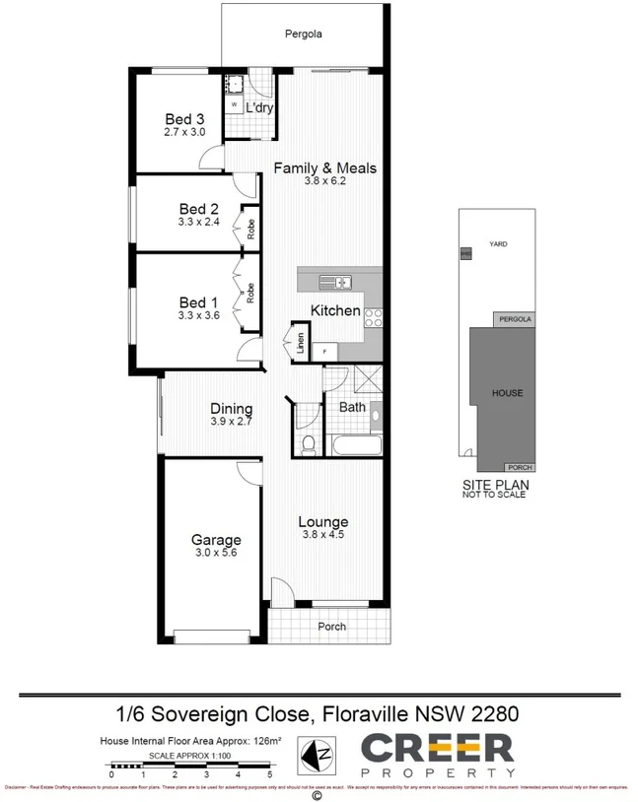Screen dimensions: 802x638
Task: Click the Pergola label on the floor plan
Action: click(x=304, y=34)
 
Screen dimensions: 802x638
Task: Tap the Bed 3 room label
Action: click(x=184, y=118)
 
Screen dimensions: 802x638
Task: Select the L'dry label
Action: click(x=259, y=107)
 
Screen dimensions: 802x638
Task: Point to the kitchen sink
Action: click(x=334, y=283)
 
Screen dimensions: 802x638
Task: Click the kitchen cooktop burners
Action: click(x=374, y=317)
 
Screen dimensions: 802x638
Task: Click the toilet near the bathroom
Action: click(x=308, y=444)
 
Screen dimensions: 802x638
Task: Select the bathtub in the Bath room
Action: click(x=353, y=445)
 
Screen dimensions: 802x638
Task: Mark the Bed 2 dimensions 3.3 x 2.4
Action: click(x=198, y=223)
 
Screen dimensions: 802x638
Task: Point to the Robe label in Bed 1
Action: click(x=251, y=293)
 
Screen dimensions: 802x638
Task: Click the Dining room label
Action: click(x=232, y=409)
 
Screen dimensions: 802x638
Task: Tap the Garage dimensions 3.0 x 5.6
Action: click(x=216, y=553)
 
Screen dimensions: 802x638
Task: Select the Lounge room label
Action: click(x=324, y=522)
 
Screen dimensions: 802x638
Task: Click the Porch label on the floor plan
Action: click(x=331, y=627)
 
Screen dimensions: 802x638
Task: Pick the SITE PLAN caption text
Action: click(x=496, y=485)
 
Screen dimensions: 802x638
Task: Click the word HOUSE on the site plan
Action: click(x=508, y=393)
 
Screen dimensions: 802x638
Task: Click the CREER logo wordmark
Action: click(x=437, y=748)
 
